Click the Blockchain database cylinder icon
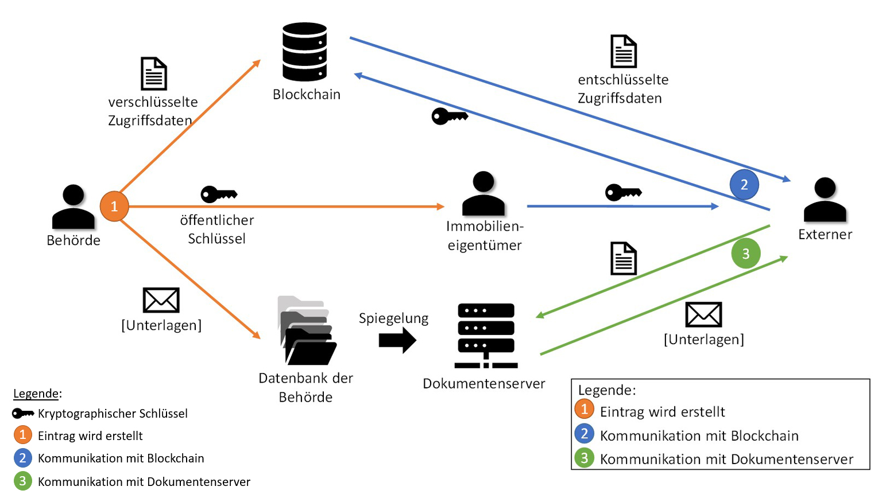tap(304, 52)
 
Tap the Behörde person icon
tap(73, 207)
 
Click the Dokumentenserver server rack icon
tap(486, 336)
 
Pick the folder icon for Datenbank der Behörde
tap(307, 331)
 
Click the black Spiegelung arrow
tap(397, 340)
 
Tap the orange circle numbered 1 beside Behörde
tap(114, 206)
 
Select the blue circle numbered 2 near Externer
tap(744, 185)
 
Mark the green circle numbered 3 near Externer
tap(745, 254)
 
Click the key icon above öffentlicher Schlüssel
tap(219, 194)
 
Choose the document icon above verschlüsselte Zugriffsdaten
tap(154, 73)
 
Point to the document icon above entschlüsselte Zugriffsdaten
tap(623, 52)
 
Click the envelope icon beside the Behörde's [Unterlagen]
tap(161, 300)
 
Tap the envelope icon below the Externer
tap(703, 314)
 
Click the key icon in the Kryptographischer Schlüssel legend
tap(23, 413)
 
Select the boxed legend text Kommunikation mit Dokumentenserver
tap(726, 459)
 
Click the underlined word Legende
tap(36, 394)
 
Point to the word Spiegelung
tap(393, 318)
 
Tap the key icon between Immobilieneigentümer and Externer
tap(623, 192)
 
